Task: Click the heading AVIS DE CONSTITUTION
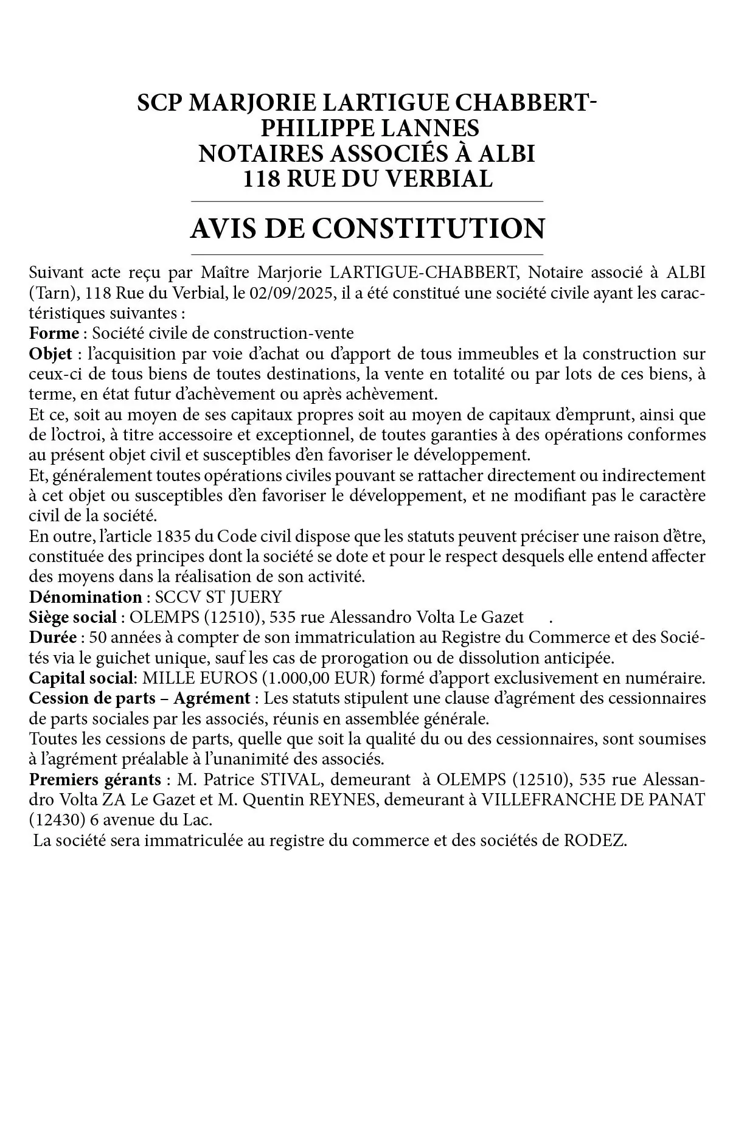pos(367,228)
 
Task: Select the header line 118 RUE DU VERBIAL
pos(367,179)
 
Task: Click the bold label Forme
pos(54,333)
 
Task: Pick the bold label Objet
pos(50,354)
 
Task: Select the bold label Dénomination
pos(85,597)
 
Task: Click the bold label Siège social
pos(72,617)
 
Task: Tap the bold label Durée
pos(53,637)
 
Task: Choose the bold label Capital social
pos(83,678)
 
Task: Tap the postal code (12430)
pos(57,820)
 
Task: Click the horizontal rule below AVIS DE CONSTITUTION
pos(367,254)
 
